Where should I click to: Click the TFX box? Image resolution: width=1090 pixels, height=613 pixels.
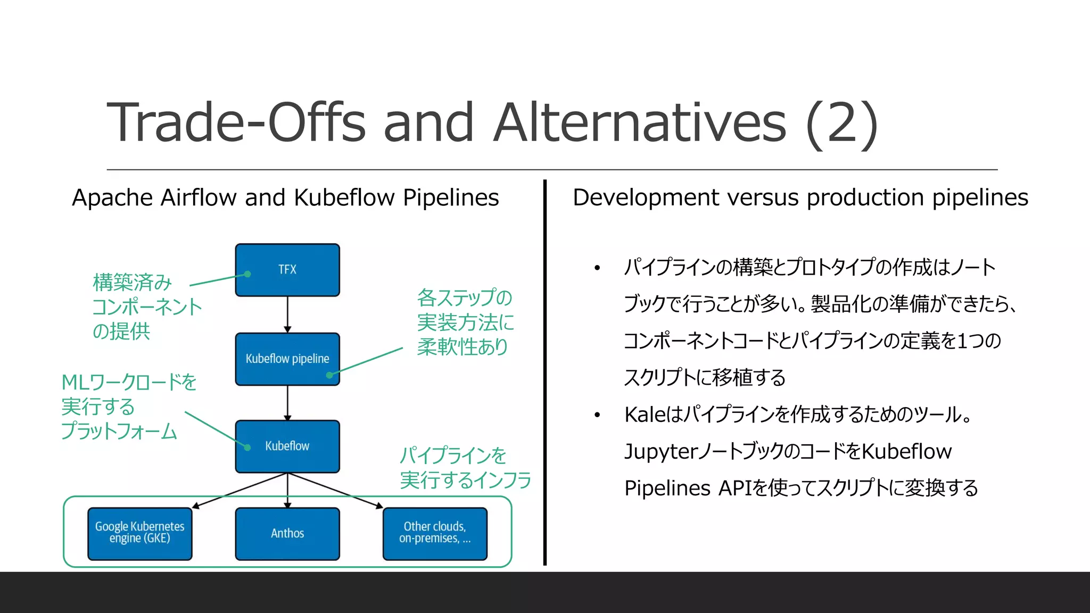tap(287, 270)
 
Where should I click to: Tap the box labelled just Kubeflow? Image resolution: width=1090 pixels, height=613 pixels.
tap(287, 446)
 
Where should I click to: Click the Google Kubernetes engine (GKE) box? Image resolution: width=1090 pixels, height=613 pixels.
tap(139, 533)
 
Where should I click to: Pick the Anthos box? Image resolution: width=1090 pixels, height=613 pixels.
tap(287, 533)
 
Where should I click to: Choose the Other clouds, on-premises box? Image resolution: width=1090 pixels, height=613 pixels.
tap(435, 533)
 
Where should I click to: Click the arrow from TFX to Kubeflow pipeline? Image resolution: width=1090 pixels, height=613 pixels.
tap(287, 314)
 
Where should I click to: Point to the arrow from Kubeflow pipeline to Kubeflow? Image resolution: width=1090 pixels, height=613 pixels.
tap(287, 403)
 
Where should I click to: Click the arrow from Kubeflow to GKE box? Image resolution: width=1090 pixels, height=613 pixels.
tap(240, 491)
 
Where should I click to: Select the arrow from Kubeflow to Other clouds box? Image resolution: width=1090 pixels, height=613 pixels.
tap(335, 491)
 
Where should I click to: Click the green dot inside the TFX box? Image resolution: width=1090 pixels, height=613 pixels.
tap(247, 274)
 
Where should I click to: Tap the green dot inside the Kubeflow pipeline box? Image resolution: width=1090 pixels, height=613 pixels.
tap(329, 375)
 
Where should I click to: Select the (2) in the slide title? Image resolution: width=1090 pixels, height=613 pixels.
tap(841, 123)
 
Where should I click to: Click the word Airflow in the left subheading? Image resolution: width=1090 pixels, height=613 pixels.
tap(199, 197)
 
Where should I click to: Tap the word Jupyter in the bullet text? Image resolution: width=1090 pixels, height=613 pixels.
tap(660, 452)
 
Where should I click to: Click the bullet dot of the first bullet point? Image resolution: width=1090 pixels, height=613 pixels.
tap(597, 268)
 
